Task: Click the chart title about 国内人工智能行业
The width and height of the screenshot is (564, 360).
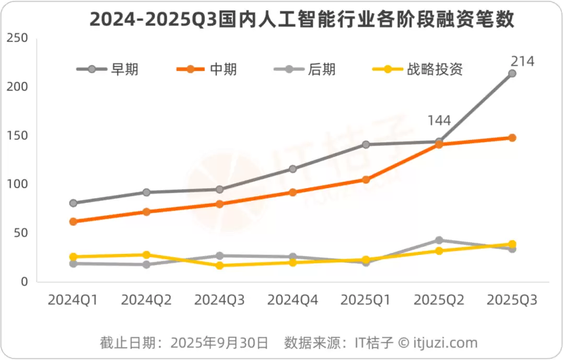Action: pos(302,19)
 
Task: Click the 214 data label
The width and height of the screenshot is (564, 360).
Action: pos(522,61)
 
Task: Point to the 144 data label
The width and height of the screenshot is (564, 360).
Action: pos(439,121)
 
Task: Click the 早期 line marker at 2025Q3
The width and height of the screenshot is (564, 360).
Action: pos(512,74)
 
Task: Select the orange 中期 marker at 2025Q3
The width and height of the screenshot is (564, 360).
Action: pos(512,138)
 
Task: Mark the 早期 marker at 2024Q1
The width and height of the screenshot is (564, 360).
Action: pos(73,203)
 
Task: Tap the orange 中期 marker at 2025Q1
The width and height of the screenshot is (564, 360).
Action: pos(366,180)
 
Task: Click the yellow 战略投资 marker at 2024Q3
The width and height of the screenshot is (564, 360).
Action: pos(219,265)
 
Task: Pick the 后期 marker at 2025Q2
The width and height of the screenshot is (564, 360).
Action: pos(439,240)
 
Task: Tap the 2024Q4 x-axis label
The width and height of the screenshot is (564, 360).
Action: pos(292,300)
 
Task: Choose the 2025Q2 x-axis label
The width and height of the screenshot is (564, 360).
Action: pos(439,300)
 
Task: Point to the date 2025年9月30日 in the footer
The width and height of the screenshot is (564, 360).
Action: pos(219,343)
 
